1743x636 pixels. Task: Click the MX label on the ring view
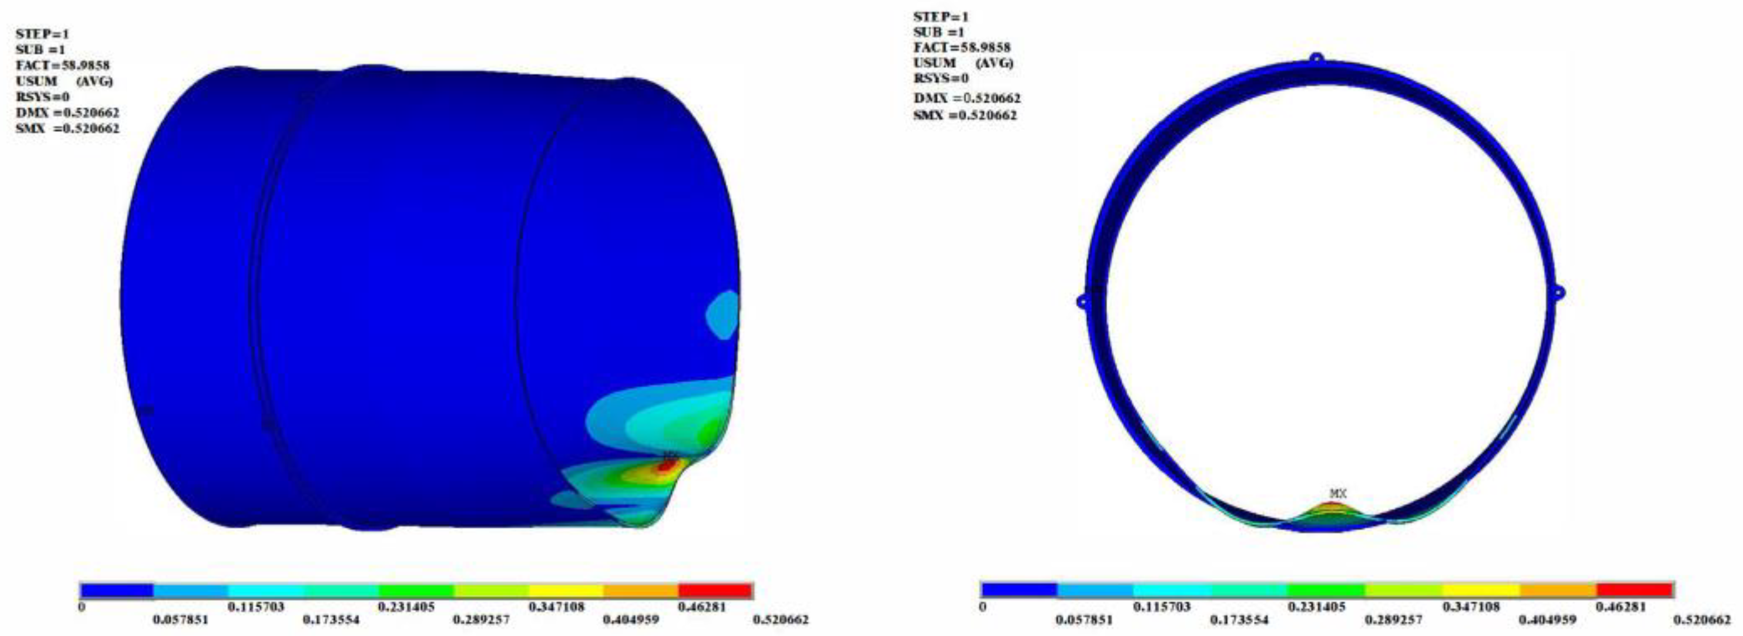(x=1339, y=494)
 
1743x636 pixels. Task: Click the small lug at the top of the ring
(x=1316, y=58)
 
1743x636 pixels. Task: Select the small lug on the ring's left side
(x=1082, y=301)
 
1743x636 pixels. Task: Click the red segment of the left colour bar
(x=715, y=591)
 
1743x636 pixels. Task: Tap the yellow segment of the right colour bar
(x=1481, y=590)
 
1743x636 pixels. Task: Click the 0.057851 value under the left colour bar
(x=180, y=620)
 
